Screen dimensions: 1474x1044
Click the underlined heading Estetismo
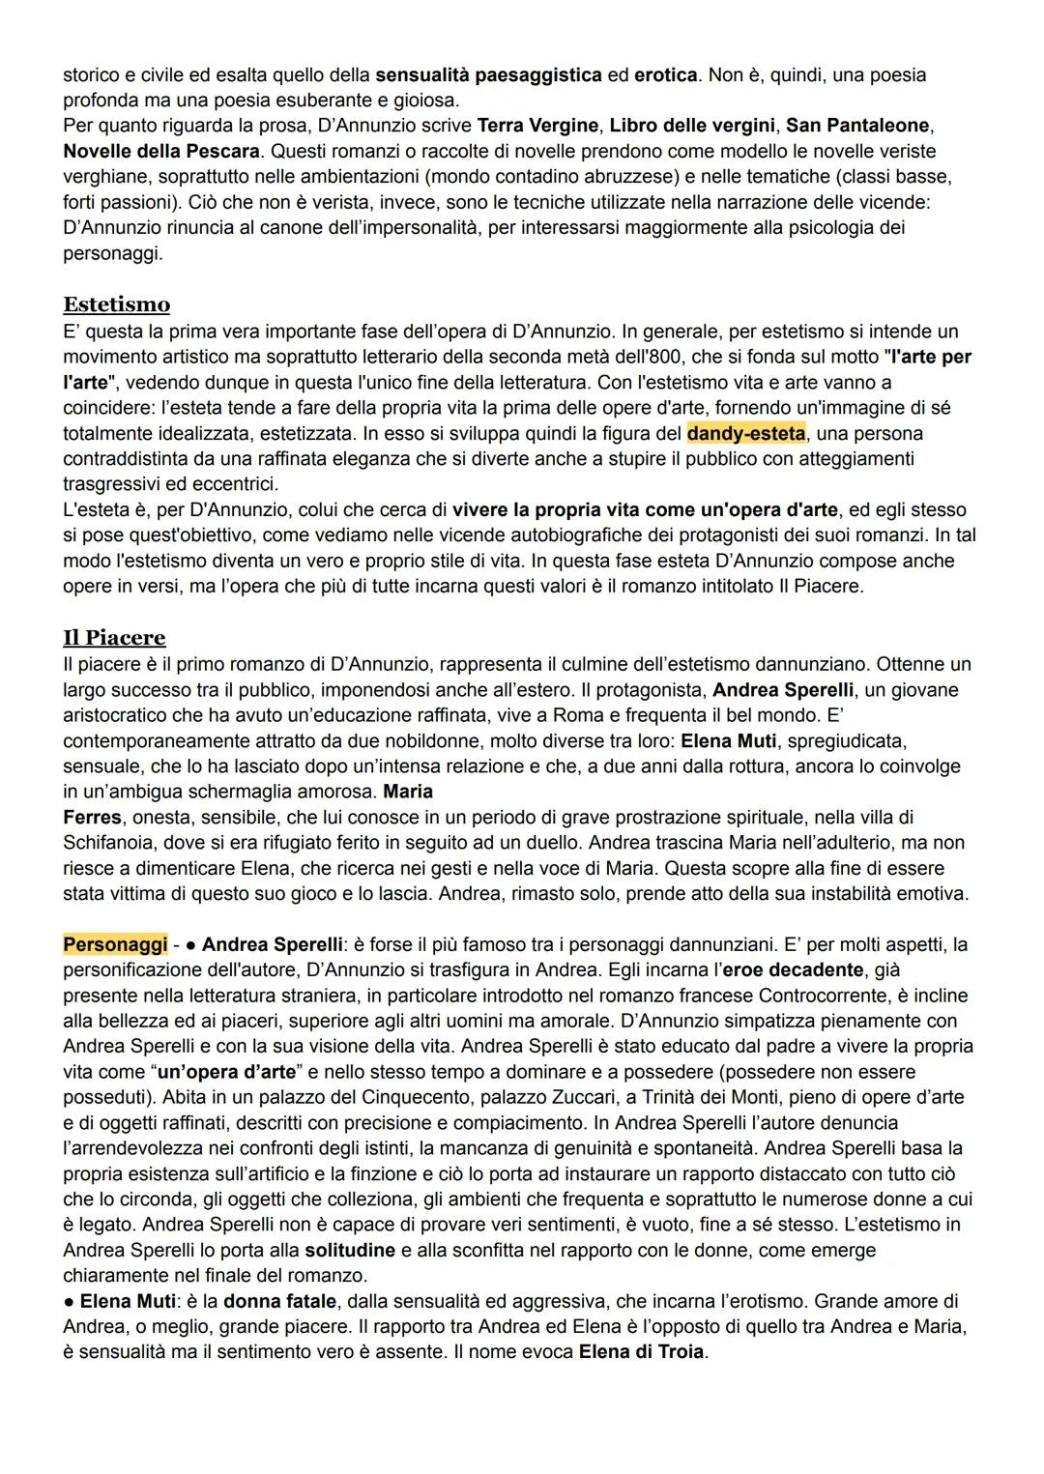tap(116, 304)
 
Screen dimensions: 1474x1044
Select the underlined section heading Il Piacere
tap(114, 638)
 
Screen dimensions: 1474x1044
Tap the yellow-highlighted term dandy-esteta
tap(746, 433)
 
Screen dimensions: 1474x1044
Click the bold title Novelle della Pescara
tap(161, 151)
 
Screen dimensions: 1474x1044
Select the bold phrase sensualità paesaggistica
tap(488, 74)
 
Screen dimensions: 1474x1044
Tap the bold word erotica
tap(665, 74)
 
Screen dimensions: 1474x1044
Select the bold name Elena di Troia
tap(643, 1352)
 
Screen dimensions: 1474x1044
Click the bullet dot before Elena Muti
tap(70, 1301)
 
